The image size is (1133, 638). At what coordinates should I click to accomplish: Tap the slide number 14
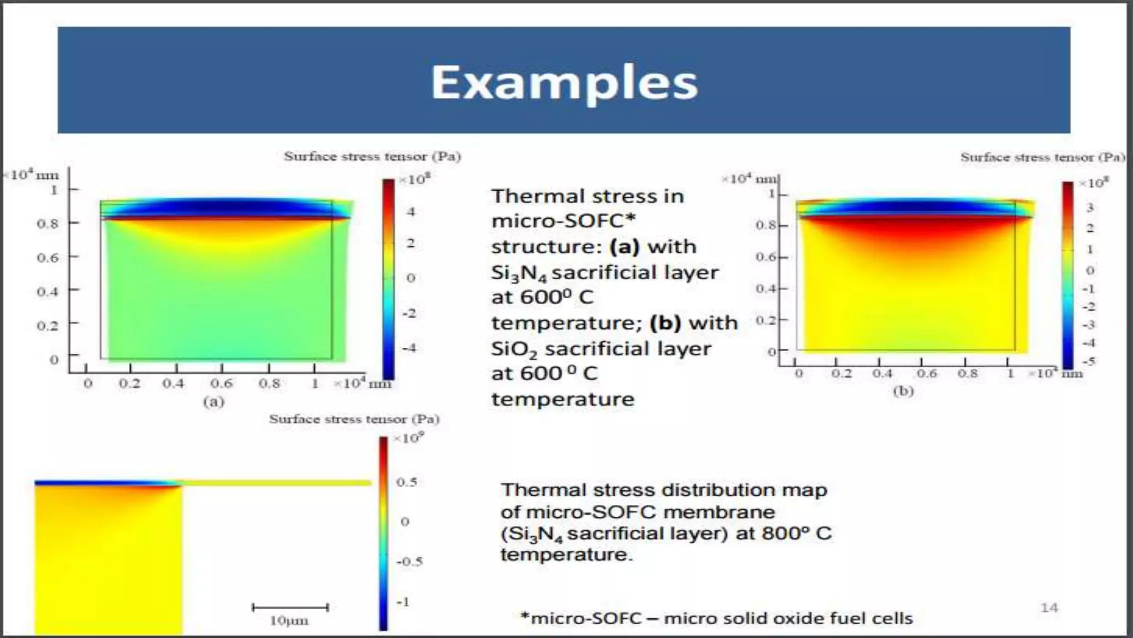(x=1049, y=608)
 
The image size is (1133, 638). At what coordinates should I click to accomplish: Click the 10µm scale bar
(x=290, y=608)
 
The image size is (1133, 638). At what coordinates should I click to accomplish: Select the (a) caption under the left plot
(x=214, y=402)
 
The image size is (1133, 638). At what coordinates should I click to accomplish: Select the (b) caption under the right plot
(x=903, y=391)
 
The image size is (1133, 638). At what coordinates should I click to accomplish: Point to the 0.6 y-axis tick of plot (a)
(x=47, y=258)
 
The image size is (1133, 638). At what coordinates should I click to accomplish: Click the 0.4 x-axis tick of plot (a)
(x=173, y=383)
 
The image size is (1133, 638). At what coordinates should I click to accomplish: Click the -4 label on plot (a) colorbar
(x=409, y=348)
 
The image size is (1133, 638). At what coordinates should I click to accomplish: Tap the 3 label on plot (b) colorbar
(x=1089, y=208)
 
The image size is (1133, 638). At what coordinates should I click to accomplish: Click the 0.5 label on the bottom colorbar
(x=407, y=482)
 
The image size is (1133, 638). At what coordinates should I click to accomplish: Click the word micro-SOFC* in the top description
(x=563, y=221)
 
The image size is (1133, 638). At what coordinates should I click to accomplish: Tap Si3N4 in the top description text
(x=518, y=272)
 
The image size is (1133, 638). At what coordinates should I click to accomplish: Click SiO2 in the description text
(x=514, y=349)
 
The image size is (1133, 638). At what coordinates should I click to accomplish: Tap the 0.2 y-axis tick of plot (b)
(x=766, y=320)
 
